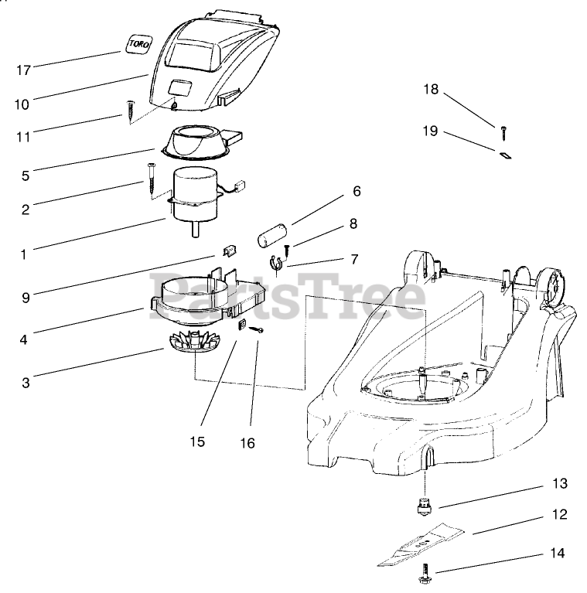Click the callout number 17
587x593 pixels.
pyautogui.click(x=23, y=70)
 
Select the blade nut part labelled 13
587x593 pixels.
pyautogui.click(x=424, y=507)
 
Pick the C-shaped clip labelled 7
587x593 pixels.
pyautogui.click(x=276, y=266)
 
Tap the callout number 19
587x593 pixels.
pyautogui.click(x=430, y=131)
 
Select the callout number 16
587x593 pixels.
pyautogui.click(x=247, y=444)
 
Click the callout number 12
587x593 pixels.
pyautogui.click(x=559, y=513)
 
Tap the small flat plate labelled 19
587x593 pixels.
pyautogui.click(x=506, y=154)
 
